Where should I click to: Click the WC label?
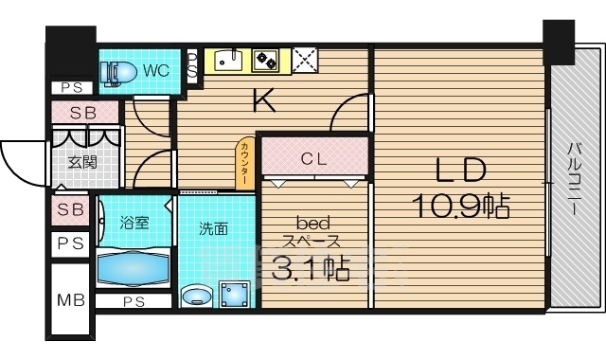click(156, 69)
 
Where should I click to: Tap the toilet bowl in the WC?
click(117, 70)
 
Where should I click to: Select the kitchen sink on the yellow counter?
click(227, 61)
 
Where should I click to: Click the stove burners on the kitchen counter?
click(265, 61)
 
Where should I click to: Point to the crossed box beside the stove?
click(305, 61)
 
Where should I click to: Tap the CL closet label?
click(314, 158)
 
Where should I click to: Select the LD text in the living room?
click(460, 171)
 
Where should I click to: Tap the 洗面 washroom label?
click(213, 228)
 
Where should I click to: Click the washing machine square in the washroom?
click(234, 295)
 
